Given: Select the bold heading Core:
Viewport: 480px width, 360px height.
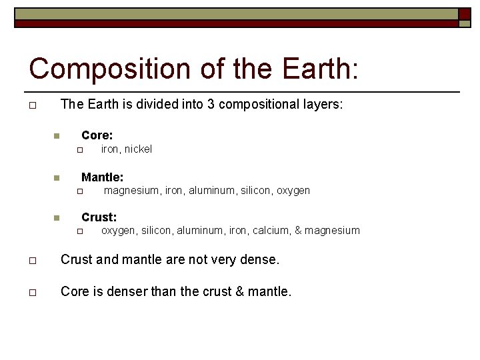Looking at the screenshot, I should (97, 135).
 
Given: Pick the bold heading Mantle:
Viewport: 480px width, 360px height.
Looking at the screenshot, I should (102, 177).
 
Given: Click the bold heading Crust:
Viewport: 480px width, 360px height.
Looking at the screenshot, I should (99, 217).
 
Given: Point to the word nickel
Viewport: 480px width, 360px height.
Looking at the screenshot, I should (138, 149).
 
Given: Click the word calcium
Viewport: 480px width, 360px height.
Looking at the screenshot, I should (269, 231).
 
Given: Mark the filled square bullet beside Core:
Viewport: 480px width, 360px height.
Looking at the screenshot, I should (57, 136).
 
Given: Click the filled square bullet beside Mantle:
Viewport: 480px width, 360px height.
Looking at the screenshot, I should (57, 177).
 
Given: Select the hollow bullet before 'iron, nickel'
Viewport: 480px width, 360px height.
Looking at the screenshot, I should (78, 150).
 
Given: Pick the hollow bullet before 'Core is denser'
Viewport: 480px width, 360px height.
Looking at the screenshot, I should (32, 292).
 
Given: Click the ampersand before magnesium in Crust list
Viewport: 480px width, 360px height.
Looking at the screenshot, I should (299, 231).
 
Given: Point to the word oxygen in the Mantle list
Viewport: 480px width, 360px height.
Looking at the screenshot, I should (294, 191).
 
